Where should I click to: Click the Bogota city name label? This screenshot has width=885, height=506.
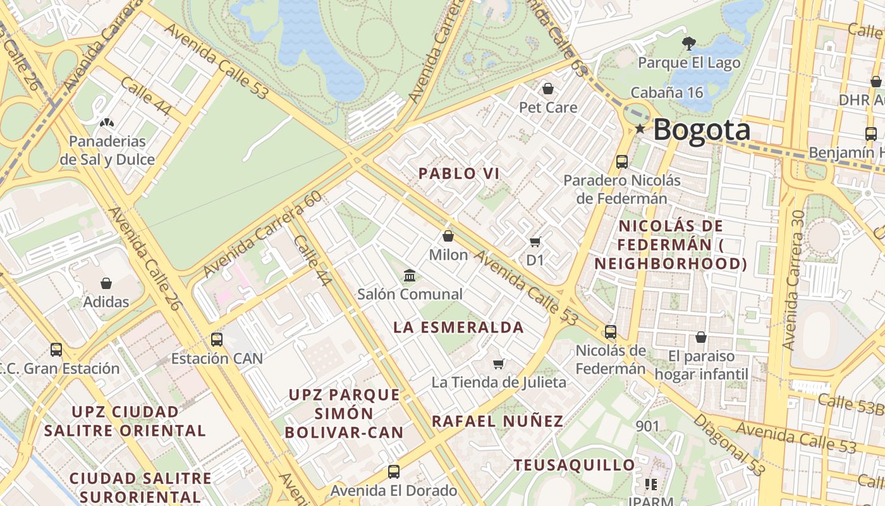[x=702, y=130]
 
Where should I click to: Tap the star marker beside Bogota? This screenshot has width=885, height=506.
[x=640, y=129]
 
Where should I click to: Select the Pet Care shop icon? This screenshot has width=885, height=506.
[x=548, y=89]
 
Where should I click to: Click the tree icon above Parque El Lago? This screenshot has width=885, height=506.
[x=689, y=44]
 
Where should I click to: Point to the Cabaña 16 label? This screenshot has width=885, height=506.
[x=667, y=92]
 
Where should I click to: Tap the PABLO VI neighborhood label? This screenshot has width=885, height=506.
[x=459, y=173]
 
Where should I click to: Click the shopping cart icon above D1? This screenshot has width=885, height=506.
[x=535, y=242]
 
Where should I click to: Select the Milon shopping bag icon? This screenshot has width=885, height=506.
[x=448, y=237]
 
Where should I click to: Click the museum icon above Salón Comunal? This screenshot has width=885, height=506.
[x=410, y=276]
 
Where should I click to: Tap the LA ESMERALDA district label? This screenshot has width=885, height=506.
[x=459, y=328]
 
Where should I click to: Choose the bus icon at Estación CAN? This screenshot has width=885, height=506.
[x=217, y=340]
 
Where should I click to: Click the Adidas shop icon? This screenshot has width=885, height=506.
[x=106, y=284]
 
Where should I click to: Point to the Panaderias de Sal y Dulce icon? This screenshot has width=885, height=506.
[x=107, y=122]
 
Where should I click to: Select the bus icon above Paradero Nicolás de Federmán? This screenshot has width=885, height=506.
[x=622, y=162]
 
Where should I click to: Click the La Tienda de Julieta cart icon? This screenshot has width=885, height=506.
[x=499, y=364]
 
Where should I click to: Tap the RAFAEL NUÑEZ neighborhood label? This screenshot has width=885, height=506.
[x=497, y=421]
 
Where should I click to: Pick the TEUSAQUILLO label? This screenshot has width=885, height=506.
[x=575, y=466]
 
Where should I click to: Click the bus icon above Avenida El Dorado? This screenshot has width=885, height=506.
[x=394, y=472]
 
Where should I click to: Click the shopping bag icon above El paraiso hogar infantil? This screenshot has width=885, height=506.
[x=700, y=338]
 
